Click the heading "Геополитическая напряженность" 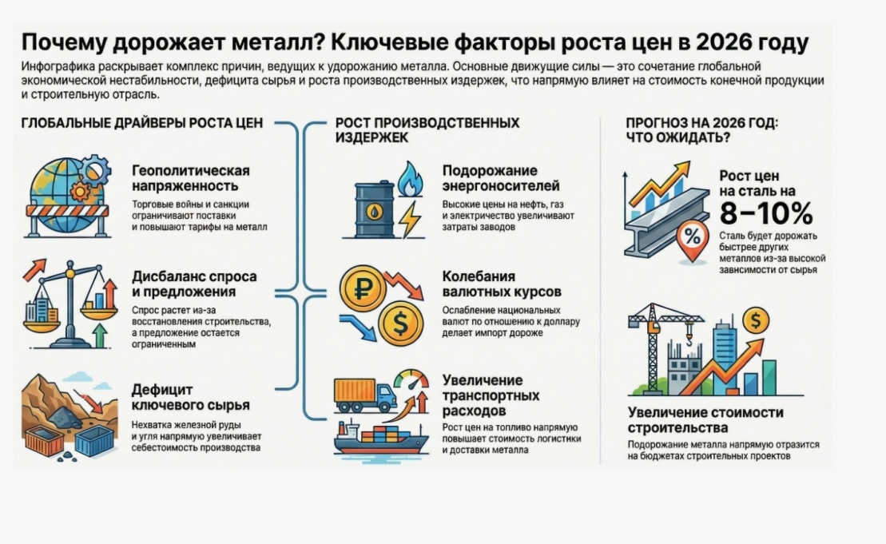tap(191, 178)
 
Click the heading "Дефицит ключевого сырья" tap(191, 398)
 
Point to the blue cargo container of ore tap(94, 439)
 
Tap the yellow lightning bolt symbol tap(410, 219)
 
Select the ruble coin tap(362, 288)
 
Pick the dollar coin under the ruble tap(399, 324)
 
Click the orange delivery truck tap(364, 394)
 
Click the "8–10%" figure tap(765, 213)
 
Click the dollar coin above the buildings tap(755, 321)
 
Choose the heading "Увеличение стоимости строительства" tap(705, 420)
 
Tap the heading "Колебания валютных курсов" tap(502, 284)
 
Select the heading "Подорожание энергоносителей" tap(501, 178)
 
